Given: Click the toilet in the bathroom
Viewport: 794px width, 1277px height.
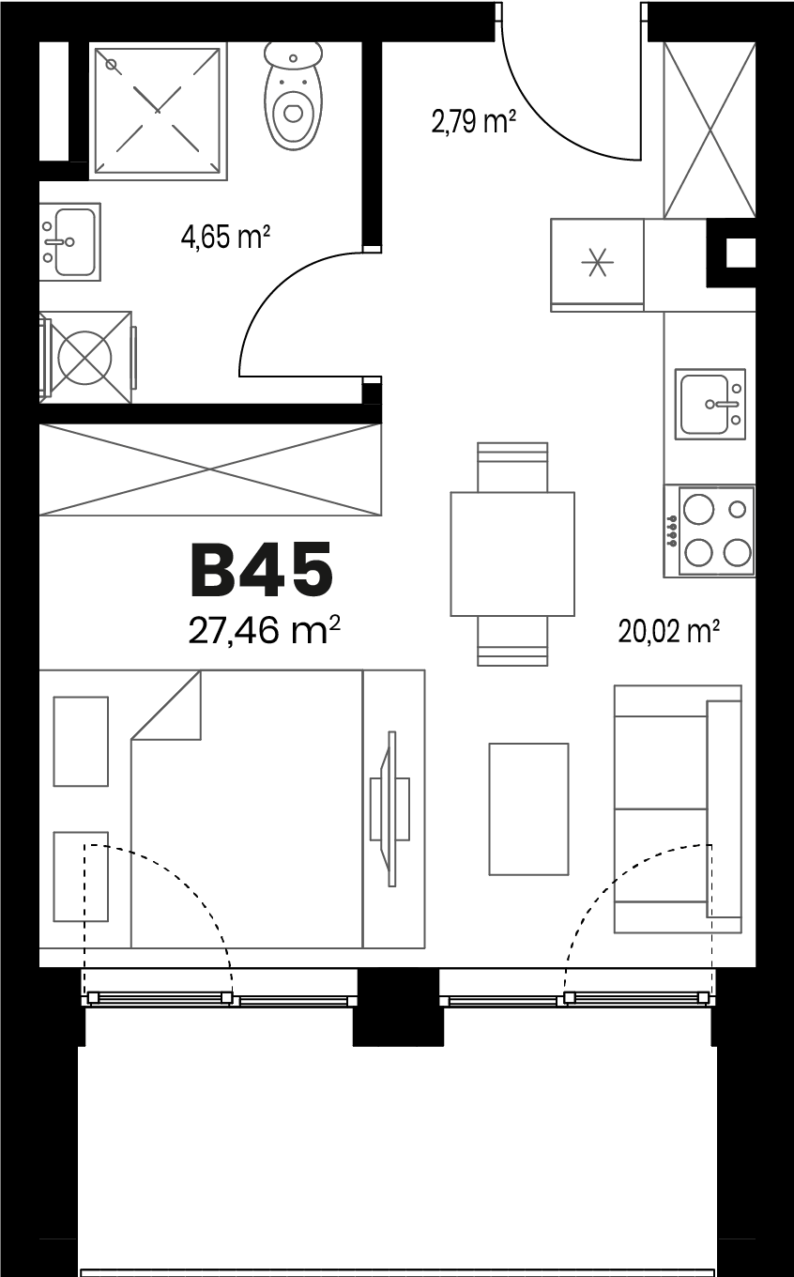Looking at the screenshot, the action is click(x=293, y=96).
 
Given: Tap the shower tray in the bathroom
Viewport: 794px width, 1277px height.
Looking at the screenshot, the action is click(x=158, y=111).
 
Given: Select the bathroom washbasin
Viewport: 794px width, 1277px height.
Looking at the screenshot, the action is click(x=69, y=241).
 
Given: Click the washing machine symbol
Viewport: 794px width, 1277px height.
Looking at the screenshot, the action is click(x=85, y=358).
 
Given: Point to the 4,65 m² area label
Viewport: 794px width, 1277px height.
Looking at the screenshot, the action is click(x=225, y=237).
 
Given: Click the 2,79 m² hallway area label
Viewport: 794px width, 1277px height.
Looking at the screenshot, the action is click(x=474, y=121).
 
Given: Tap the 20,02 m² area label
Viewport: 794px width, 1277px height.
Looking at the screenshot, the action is click(x=668, y=632).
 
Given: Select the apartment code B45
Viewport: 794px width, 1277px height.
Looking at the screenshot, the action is click(x=261, y=570).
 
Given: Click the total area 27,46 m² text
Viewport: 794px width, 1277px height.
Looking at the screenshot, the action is click(x=264, y=631).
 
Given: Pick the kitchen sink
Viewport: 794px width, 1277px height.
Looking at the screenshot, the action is click(x=710, y=404).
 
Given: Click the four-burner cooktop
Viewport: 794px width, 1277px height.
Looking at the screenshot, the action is click(x=710, y=531).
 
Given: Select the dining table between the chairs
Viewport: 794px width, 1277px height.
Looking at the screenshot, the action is click(x=512, y=554).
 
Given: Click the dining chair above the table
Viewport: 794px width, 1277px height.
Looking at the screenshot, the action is click(x=512, y=467).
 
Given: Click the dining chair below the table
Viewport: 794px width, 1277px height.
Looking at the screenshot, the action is click(x=512, y=640).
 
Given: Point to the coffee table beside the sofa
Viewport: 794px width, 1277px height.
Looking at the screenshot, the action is click(x=529, y=809).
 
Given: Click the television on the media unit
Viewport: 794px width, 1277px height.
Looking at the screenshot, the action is click(x=390, y=809).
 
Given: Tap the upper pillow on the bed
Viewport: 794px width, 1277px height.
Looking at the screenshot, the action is click(x=81, y=742).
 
